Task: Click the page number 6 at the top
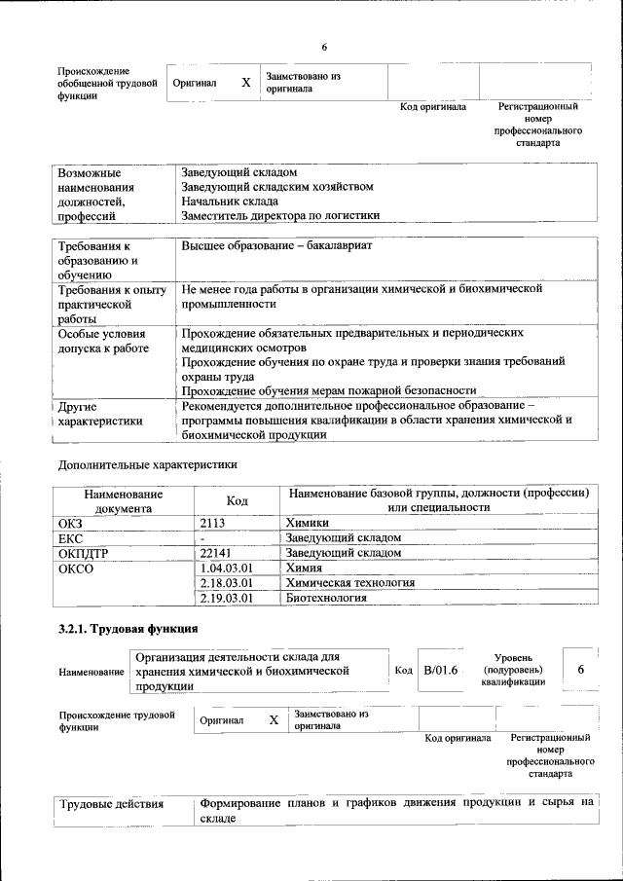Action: coord(325,48)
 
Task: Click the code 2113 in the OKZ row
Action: coord(212,523)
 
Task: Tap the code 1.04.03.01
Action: coord(226,568)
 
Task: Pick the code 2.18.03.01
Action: coord(226,582)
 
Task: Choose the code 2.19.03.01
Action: coord(226,598)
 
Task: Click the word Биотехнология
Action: coord(326,598)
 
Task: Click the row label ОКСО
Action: coord(77,568)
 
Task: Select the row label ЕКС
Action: coord(72,537)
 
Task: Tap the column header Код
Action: coord(237,500)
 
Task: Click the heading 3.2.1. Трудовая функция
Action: coord(128,628)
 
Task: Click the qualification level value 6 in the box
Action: coord(580,671)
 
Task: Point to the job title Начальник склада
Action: coord(223,201)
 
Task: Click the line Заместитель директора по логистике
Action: coord(280,215)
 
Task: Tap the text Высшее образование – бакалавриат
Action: coord(276,245)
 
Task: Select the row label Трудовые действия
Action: coord(112,804)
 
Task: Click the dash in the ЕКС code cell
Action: coord(202,537)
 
